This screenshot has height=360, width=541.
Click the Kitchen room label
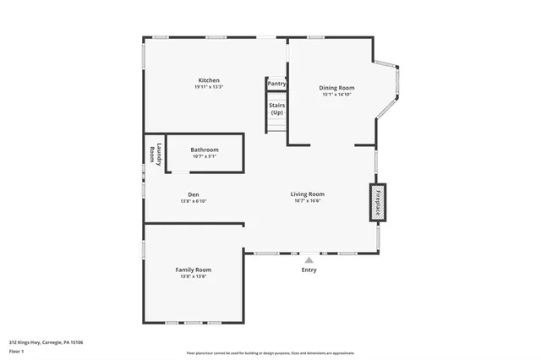tap(209, 80)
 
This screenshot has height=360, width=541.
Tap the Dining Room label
tap(336, 88)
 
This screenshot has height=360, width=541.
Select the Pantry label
tap(276, 84)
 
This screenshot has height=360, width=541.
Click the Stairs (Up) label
tap(276, 108)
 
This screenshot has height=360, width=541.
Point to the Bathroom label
tap(205, 150)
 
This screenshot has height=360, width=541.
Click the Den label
tap(194, 194)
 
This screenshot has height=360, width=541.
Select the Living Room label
tap(309, 194)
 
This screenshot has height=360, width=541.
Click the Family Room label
tap(193, 270)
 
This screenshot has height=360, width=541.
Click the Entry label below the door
tap(309, 270)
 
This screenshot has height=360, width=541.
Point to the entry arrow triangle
tap(309, 260)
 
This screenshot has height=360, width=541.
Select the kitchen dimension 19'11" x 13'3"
tap(209, 87)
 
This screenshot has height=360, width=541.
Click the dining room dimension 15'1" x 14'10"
tap(336, 95)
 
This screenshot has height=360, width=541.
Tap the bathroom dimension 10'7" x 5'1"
tap(205, 156)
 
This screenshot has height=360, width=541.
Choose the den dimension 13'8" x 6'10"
tap(194, 201)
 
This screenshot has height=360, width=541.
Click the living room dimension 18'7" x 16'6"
tap(309, 200)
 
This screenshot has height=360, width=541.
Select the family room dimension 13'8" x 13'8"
tap(193, 276)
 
